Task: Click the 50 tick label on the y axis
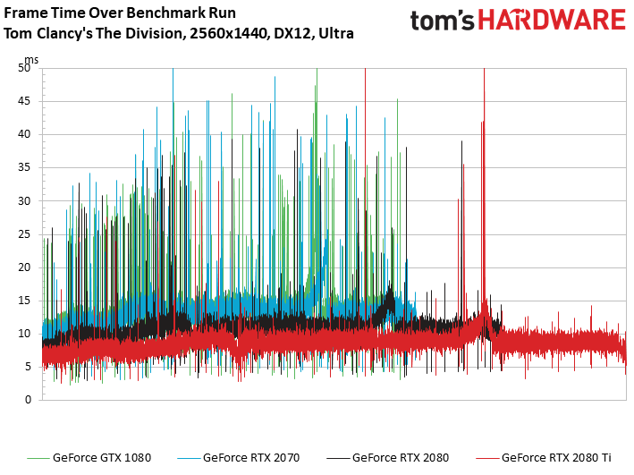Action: coord(24,68)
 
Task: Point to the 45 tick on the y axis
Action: coord(24,101)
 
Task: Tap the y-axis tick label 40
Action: coord(24,134)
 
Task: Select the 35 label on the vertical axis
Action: coord(24,167)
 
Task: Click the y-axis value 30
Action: coord(24,200)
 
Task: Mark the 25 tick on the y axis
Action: coord(24,233)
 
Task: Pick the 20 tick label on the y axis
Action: coord(24,267)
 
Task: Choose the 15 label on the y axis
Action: coord(24,300)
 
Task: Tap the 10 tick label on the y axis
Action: coord(24,333)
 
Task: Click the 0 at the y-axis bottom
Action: coord(28,399)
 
